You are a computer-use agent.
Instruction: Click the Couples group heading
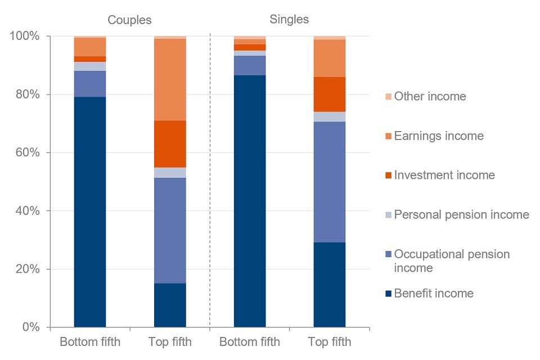tap(129, 20)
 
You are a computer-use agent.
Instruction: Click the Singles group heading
tap(289, 19)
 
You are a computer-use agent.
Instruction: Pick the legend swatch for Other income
tap(388, 97)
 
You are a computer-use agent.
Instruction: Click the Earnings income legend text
tap(439, 136)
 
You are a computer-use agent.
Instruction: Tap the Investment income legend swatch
tap(388, 175)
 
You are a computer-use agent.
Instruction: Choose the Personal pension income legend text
tap(461, 214)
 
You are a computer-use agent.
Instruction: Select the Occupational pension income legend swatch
tap(388, 254)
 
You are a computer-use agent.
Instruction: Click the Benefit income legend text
tap(434, 293)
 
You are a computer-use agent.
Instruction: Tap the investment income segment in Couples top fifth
tap(170, 144)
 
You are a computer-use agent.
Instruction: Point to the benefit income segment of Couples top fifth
tap(170, 305)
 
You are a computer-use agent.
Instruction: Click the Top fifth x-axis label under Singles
tap(330, 342)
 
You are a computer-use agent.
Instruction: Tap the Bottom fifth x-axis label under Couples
tap(90, 342)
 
